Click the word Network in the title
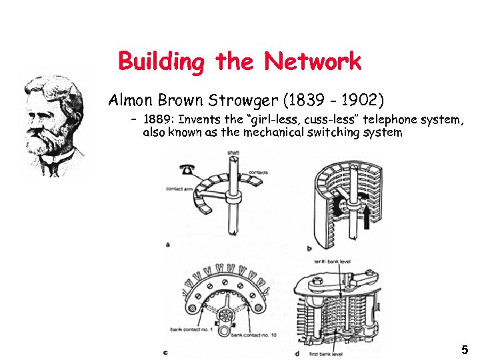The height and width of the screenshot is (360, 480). [312, 62]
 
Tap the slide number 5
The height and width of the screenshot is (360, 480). [464, 349]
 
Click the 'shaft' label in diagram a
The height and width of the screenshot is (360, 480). [233, 153]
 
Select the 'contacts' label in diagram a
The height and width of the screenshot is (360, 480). [259, 173]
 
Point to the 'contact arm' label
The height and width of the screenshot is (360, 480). [179, 189]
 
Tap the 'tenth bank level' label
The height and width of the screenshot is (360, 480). [332, 262]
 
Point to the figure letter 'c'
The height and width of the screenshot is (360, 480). [165, 352]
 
